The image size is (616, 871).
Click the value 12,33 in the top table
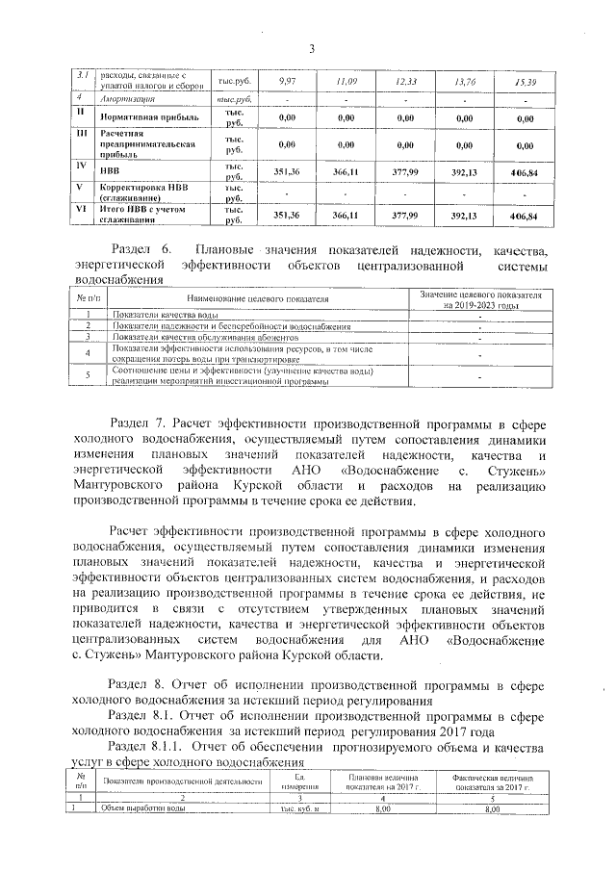(x=406, y=81)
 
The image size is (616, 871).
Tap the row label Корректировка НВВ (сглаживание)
(x=144, y=193)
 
